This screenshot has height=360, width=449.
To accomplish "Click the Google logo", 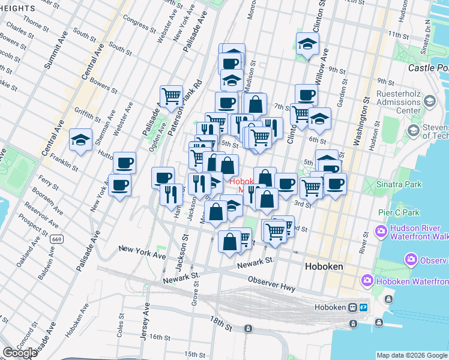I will (x=20, y=353).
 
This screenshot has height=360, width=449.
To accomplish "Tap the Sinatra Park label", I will (x=397, y=183).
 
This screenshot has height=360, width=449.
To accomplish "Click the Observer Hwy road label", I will (x=271, y=283).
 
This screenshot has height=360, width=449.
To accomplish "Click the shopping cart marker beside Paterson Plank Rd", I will (x=171, y=95).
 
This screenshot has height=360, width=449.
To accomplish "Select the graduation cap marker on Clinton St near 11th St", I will (x=307, y=44).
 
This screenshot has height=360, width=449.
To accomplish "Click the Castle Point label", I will (x=428, y=68).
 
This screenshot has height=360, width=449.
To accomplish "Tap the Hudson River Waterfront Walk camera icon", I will (x=381, y=231).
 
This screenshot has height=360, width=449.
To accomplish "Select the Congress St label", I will (x=139, y=21).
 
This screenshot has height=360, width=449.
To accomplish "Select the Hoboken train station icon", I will (x=353, y=307).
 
